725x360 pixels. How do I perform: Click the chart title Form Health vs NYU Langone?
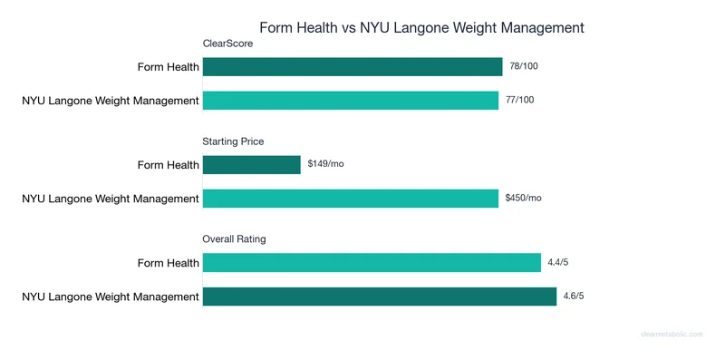pos(422,27)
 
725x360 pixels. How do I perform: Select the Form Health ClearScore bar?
pos(353,67)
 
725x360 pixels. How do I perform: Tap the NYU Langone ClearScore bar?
pos(351,101)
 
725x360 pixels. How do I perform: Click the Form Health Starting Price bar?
pos(252,165)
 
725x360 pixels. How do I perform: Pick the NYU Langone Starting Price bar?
pos(351,199)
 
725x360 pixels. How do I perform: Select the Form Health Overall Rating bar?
pos(372,263)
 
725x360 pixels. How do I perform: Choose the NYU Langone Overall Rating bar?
pos(380,297)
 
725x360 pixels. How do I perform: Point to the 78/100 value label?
pos(523,67)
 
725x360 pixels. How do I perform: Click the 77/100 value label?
pos(520,101)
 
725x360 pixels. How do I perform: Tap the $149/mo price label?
pos(326,165)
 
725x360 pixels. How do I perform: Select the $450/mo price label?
pos(524,199)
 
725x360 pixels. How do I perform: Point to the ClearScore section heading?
pos(227,44)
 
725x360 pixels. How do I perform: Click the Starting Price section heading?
pos(233,141)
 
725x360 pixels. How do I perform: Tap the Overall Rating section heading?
pos(234,239)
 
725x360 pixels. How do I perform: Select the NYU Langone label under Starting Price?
pos(111,199)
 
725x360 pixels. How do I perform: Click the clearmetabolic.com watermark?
pos(672,335)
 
